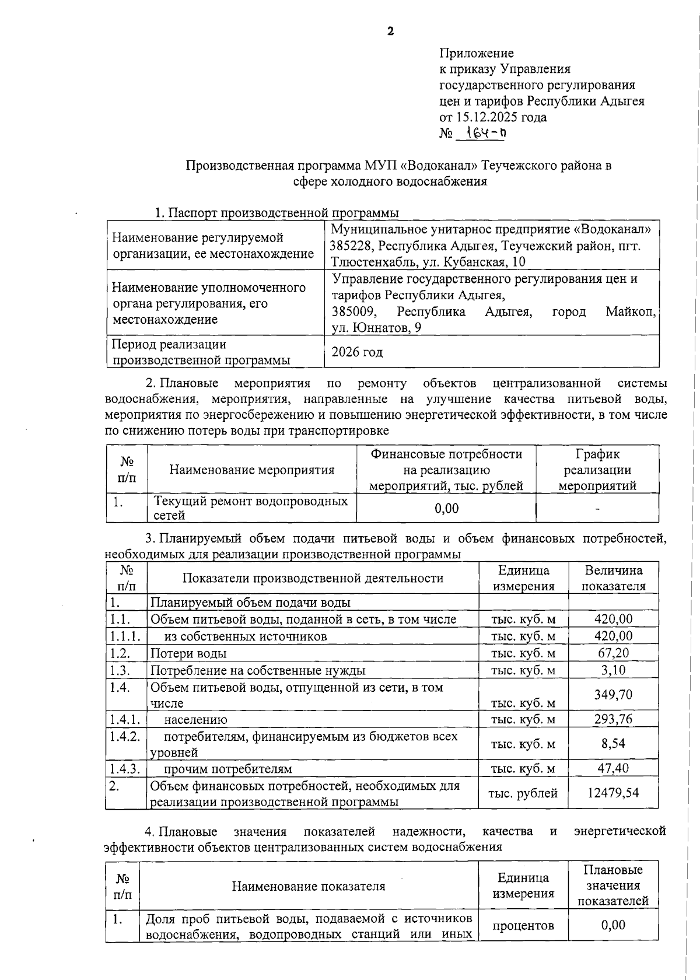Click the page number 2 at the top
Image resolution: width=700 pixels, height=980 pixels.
[390, 31]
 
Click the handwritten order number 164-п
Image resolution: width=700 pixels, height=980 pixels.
[481, 134]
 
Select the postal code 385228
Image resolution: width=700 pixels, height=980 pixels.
[352, 246]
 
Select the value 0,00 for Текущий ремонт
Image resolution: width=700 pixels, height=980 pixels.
[446, 509]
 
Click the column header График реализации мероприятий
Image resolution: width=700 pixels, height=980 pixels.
[597, 470]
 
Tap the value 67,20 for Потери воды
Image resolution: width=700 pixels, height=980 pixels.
[613, 653]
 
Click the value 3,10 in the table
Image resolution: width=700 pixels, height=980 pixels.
[613, 670]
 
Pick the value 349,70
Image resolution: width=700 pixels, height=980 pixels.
[613, 695]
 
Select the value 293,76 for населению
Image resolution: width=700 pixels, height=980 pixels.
[613, 719]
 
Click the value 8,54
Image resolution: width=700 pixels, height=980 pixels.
[613, 744]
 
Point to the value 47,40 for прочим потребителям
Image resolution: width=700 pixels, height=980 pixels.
[613, 768]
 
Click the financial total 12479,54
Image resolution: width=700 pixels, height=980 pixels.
[613, 793]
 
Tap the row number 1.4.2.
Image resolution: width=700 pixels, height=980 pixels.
[124, 736]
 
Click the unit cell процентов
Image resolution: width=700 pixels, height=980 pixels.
[523, 926]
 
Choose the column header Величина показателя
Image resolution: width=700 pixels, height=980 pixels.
[613, 578]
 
